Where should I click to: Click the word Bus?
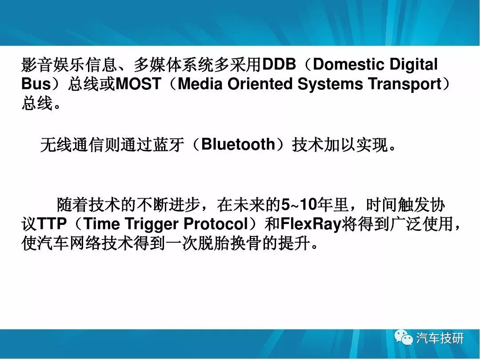point(36,84)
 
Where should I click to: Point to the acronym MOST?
point(138,84)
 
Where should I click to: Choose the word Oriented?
point(260,84)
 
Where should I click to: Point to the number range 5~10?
point(299,205)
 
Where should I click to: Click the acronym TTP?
point(52,224)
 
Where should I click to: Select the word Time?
point(101,224)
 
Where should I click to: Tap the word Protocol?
point(216,224)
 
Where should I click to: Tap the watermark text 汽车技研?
point(440,338)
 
